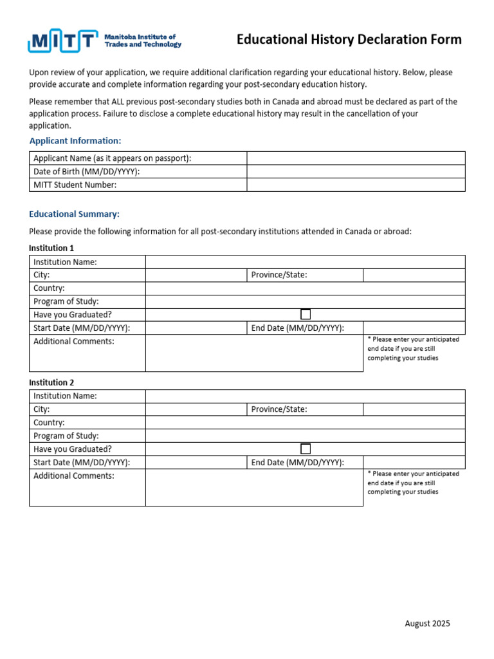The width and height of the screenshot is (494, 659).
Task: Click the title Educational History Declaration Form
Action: (349, 40)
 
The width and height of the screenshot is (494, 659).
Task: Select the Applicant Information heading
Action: (75, 140)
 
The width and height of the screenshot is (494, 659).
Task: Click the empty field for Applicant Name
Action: (355, 158)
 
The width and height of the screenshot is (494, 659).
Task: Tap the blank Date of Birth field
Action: (355, 172)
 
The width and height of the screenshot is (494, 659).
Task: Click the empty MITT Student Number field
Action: (355, 185)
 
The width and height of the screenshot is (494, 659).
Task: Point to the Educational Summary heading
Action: (74, 214)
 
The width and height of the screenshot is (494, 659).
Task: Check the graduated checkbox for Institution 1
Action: (306, 315)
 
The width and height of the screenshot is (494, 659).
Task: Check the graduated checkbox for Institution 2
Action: (306, 449)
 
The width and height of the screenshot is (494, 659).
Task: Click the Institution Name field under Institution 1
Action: (305, 262)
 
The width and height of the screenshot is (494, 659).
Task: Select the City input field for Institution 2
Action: (196, 409)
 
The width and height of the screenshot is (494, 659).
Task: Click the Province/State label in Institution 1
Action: (279, 275)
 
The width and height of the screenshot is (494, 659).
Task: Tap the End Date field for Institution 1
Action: (414, 328)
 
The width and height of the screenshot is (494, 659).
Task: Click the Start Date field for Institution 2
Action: (196, 462)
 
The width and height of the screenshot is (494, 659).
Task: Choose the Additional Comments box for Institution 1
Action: (254, 353)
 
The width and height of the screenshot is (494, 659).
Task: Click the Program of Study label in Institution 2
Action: (66, 436)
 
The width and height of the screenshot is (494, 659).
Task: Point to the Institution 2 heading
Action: (51, 382)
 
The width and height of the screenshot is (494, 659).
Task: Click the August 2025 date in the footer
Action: (427, 623)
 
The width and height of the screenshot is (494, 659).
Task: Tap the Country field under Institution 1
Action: (305, 288)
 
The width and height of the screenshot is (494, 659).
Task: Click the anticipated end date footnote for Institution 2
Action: (413, 483)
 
